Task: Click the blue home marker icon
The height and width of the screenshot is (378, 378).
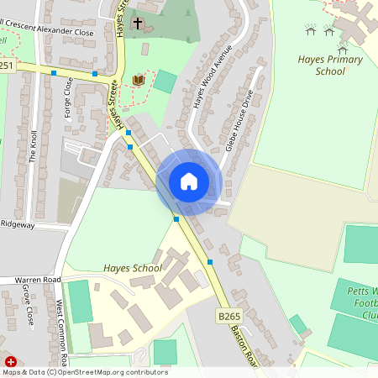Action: click(189, 181)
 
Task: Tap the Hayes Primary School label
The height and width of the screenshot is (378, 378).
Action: click(330, 66)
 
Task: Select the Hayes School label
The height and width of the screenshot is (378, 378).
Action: click(133, 268)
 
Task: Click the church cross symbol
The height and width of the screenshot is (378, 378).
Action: click(138, 23)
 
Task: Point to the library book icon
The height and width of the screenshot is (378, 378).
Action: click(139, 80)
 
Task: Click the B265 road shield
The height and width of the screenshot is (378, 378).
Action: click(229, 316)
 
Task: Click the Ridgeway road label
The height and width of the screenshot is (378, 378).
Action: click(18, 224)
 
